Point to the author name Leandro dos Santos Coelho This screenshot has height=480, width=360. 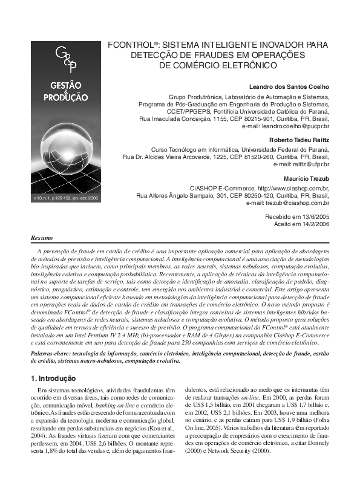pyautogui.click(x=289, y=86)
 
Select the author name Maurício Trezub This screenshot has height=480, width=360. pyautogui.click(x=306, y=179)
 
